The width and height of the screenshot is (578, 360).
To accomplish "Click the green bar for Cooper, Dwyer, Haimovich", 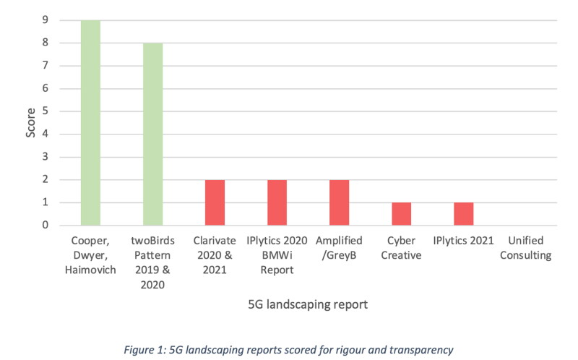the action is click(x=91, y=123).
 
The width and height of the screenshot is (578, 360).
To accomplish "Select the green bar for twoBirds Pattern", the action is click(x=153, y=134).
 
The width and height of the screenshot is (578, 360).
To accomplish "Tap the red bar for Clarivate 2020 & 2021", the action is click(x=215, y=202).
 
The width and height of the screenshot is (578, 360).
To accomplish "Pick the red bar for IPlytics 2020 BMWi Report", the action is click(x=277, y=202).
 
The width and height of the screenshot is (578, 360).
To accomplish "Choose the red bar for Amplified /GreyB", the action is click(x=339, y=202).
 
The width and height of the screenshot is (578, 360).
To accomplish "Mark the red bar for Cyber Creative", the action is click(x=402, y=214).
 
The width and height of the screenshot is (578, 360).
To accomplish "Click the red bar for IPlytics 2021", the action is click(x=464, y=214).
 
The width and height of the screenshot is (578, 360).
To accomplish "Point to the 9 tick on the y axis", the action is click(x=46, y=20).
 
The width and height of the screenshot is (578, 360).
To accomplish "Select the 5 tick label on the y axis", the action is click(x=46, y=111).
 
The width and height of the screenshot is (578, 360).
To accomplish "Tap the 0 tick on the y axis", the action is click(x=46, y=225).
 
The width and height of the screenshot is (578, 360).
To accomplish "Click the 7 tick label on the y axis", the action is click(x=46, y=65).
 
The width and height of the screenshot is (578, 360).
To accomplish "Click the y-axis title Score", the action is click(x=30, y=123).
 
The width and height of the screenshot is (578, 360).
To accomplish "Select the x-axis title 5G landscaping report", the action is click(x=308, y=304).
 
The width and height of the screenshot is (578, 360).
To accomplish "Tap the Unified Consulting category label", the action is click(x=526, y=248).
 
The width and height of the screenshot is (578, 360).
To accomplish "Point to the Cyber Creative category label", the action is click(x=401, y=248).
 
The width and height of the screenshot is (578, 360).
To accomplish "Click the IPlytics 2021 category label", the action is click(x=463, y=241).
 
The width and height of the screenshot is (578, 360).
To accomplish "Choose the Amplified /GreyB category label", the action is click(x=339, y=248).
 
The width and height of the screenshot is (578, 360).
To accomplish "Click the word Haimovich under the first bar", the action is click(x=90, y=270).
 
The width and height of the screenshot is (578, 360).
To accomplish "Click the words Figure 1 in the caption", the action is click(x=144, y=350).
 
